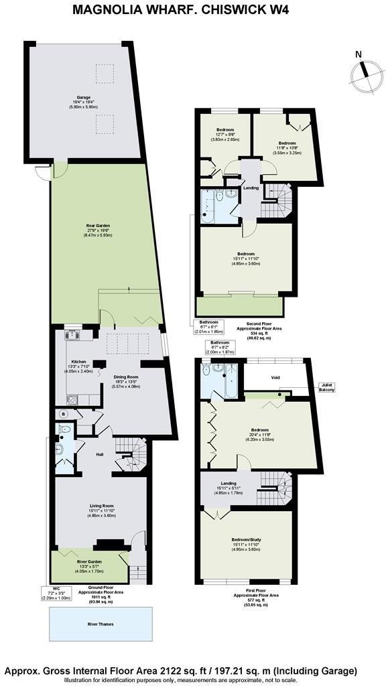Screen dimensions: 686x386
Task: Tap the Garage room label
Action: pos(83,98)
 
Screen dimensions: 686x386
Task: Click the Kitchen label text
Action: pos(79,362)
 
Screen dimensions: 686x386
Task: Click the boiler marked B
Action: pos(64,414)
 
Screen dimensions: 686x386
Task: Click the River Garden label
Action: pos(88,562)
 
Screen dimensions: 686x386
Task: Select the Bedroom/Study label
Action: pos(246,539)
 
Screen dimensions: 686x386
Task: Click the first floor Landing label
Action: pos(228,482)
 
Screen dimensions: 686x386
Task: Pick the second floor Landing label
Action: pos(251,188)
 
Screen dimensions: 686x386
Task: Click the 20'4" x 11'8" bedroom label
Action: pos(259,430)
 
